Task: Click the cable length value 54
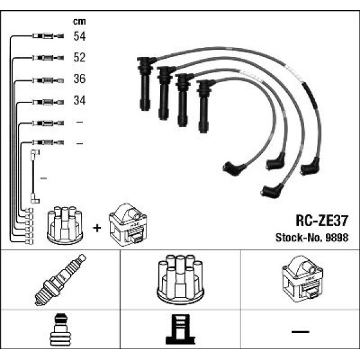click(79, 37)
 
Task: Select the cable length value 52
click(79, 58)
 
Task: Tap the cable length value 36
click(79, 79)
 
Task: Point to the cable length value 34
click(79, 101)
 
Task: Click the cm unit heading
click(79, 22)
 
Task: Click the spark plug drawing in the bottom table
click(61, 280)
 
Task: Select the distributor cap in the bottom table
click(179, 280)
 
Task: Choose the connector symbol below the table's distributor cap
click(179, 331)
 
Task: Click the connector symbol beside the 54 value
click(46, 37)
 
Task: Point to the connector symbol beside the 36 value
click(46, 79)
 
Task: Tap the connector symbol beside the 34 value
click(46, 101)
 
